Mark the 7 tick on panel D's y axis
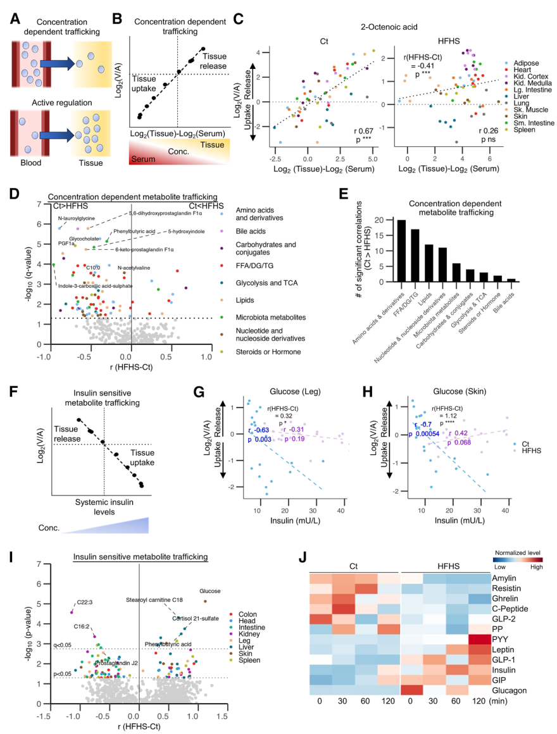point(39,204)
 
